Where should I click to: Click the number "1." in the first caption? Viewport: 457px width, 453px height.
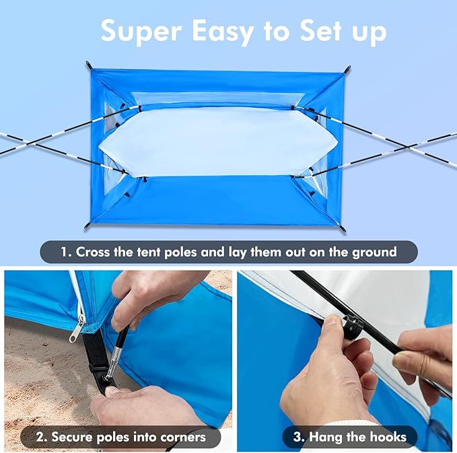coord(65,252)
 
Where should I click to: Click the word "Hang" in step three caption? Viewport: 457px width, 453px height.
coord(323,437)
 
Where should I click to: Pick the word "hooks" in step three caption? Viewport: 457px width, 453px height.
coord(386,437)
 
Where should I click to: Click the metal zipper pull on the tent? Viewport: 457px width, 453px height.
coord(78,329)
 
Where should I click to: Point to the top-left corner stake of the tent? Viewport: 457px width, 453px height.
coord(88,65)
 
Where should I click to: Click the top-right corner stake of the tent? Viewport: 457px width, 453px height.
coord(348,69)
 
